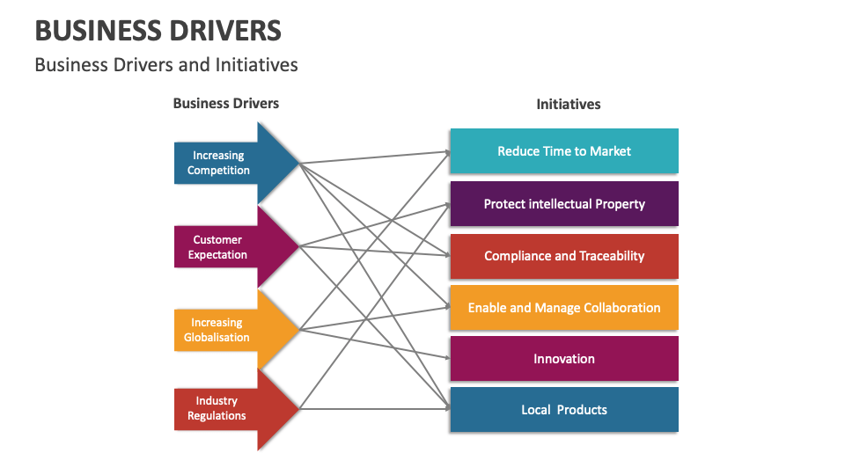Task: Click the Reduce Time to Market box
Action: pos(563,151)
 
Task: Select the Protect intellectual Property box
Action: pos(563,204)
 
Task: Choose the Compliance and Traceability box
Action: pos(563,256)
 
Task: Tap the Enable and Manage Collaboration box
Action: pos(563,308)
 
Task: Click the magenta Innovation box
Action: pos(563,359)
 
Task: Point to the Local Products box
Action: pos(563,410)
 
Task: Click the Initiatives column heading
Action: pos(569,104)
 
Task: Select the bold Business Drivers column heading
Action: pos(225,103)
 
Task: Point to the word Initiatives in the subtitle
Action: pos(258,65)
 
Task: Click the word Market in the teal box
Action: pos(610,151)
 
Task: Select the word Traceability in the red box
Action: pos(612,256)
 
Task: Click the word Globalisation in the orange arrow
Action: pos(217,338)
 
